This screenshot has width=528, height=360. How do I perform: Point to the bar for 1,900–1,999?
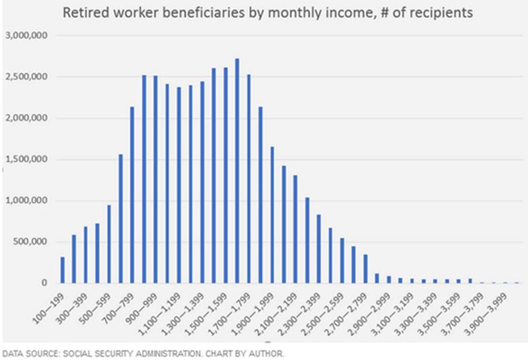[x=271, y=215]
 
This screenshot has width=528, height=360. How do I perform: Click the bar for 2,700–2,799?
[x=365, y=268]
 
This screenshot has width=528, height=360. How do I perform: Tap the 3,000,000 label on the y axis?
[x=26, y=36]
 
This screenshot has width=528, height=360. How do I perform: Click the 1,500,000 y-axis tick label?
[x=26, y=160]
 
